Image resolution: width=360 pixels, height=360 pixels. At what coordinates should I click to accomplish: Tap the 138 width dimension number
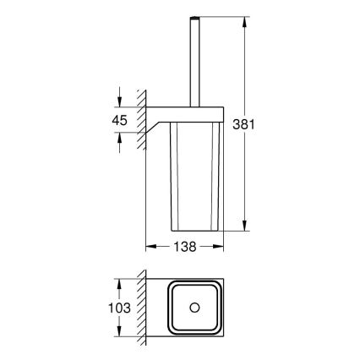point(185,248)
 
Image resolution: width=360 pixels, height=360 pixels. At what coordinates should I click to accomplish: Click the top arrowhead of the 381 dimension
point(245,18)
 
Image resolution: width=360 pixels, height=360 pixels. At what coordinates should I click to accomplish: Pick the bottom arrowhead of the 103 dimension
point(131,341)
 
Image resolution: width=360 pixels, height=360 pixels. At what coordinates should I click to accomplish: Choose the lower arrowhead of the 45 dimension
point(131,138)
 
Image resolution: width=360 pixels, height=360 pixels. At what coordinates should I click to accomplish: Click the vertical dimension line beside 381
point(245,169)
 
